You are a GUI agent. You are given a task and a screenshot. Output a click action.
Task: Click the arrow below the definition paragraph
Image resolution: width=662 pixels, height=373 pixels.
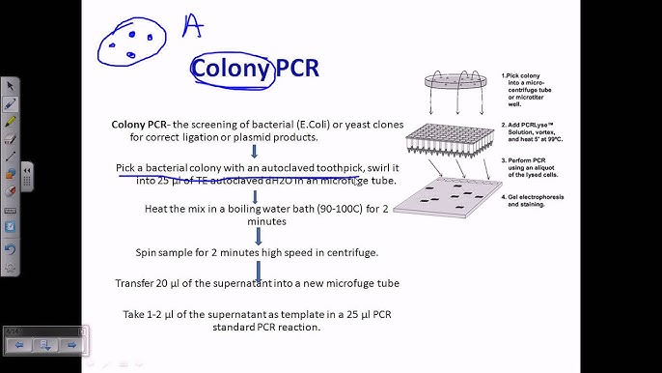(x=253, y=151)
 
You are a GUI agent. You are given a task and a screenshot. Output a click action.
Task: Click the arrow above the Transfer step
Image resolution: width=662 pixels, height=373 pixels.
(x=256, y=268)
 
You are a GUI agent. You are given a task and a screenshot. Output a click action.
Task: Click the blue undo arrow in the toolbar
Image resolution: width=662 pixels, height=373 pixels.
(x=11, y=248)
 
